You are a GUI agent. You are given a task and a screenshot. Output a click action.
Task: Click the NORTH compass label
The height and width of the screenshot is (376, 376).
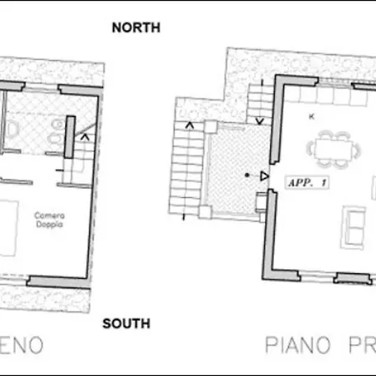point(135,27)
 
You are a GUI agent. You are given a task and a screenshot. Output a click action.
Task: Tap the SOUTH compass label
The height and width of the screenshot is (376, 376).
point(125,323)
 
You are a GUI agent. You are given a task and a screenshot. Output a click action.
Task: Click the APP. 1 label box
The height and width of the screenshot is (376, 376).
point(307,180)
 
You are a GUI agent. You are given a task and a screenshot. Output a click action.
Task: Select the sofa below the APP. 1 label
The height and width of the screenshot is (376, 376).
point(354,223)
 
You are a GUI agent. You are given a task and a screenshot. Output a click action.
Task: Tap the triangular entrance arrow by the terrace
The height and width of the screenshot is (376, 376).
point(264,176)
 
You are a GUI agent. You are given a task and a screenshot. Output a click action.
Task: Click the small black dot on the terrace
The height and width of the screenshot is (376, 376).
point(246,175)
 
